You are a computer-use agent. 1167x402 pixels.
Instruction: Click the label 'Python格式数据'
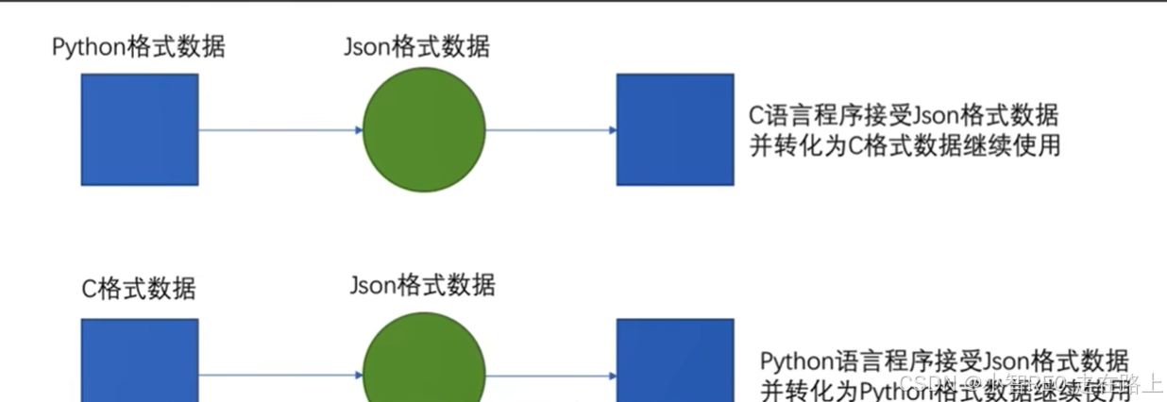point(139,46)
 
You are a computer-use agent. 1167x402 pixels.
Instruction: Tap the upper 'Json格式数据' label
point(417,45)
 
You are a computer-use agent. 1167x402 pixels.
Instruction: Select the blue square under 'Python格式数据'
point(140,129)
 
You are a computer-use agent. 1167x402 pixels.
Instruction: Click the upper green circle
point(424,129)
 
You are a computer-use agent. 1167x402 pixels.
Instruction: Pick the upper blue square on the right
point(675,129)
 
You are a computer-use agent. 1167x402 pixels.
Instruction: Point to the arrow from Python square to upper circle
point(280,129)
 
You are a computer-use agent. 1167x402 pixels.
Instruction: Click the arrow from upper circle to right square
point(550,129)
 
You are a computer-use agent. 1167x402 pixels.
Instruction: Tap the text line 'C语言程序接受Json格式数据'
point(904,116)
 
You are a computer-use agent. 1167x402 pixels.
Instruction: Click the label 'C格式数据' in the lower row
point(139,288)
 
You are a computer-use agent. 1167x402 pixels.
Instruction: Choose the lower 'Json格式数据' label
point(422,284)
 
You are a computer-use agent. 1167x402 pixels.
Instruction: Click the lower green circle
point(424,363)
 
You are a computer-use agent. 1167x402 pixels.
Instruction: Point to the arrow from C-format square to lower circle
point(280,376)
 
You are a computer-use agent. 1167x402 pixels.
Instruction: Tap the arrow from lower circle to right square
point(550,376)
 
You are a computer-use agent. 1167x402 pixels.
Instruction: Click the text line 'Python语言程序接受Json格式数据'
point(944,360)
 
